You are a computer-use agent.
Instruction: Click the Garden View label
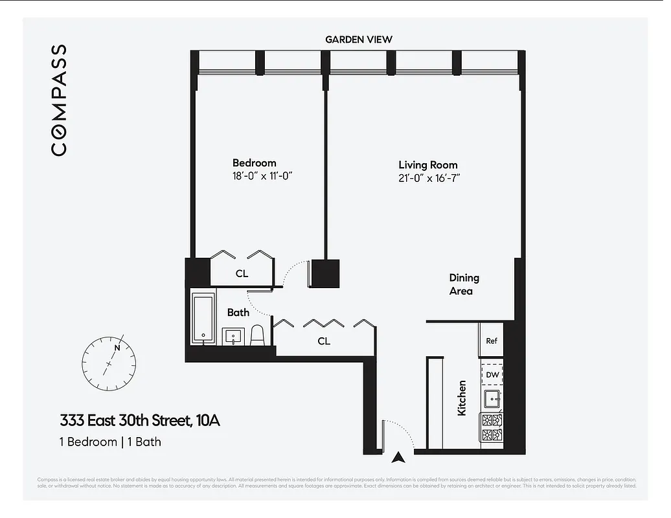tap(358, 39)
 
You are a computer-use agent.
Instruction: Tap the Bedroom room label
tap(254, 163)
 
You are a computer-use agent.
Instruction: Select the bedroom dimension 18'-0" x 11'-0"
tap(258, 175)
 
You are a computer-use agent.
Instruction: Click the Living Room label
tap(427, 165)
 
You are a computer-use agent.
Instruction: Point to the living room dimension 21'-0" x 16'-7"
tap(429, 177)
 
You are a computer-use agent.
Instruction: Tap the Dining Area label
tap(464, 284)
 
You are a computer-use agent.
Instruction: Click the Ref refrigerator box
tap(492, 341)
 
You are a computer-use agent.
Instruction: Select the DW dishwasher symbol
tap(492, 374)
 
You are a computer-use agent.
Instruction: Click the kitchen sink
tap(492, 398)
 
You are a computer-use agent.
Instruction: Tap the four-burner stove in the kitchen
tap(492, 427)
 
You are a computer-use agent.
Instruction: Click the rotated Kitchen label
tap(462, 398)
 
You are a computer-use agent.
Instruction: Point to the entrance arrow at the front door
tap(399, 457)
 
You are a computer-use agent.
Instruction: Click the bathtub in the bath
tap(203, 319)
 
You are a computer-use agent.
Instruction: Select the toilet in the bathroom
tap(257, 334)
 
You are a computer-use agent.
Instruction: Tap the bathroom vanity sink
tap(233, 336)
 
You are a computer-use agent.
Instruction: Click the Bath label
tap(238, 313)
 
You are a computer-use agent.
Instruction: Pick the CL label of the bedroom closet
tap(242, 274)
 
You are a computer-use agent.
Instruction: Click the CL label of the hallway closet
tap(324, 341)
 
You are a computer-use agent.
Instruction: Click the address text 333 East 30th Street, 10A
tap(139, 421)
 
